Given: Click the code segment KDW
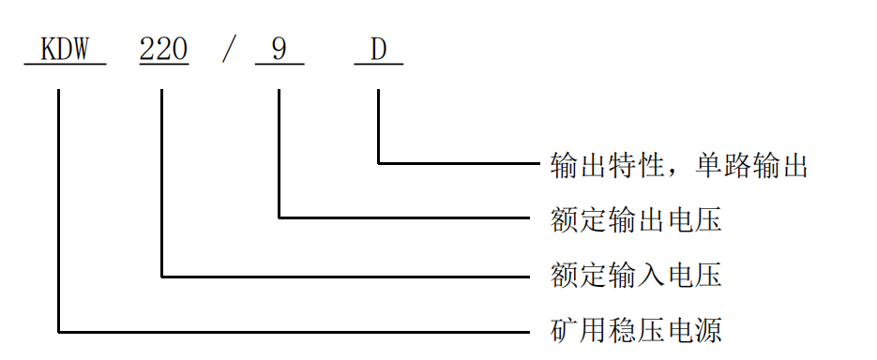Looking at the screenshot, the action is coord(65,49).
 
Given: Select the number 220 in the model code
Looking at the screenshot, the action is coord(164,49).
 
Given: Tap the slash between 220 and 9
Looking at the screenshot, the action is coord(228,49).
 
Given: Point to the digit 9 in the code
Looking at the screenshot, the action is coord(279,49).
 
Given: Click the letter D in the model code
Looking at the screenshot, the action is coord(378,49).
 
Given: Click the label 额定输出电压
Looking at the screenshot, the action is coord(636,221).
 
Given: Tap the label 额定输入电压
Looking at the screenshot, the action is coord(636,276).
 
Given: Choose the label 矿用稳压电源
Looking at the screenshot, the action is coord(636,330).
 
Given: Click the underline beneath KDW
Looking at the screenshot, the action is coord(65,64).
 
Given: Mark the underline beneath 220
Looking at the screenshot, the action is coord(164,64).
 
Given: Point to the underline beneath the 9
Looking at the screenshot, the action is coord(280,64).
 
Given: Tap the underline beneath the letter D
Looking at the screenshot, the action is coord(379,64).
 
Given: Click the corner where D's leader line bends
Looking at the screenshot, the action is coord(378,163).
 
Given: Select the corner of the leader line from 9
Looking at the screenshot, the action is coord(279,217).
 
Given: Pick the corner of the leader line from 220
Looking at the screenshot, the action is coord(162,276).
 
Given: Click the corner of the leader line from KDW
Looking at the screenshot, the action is coord(59,330).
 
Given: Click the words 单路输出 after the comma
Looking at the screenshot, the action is coord(751,166).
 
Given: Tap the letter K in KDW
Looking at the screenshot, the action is coord(48,49).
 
